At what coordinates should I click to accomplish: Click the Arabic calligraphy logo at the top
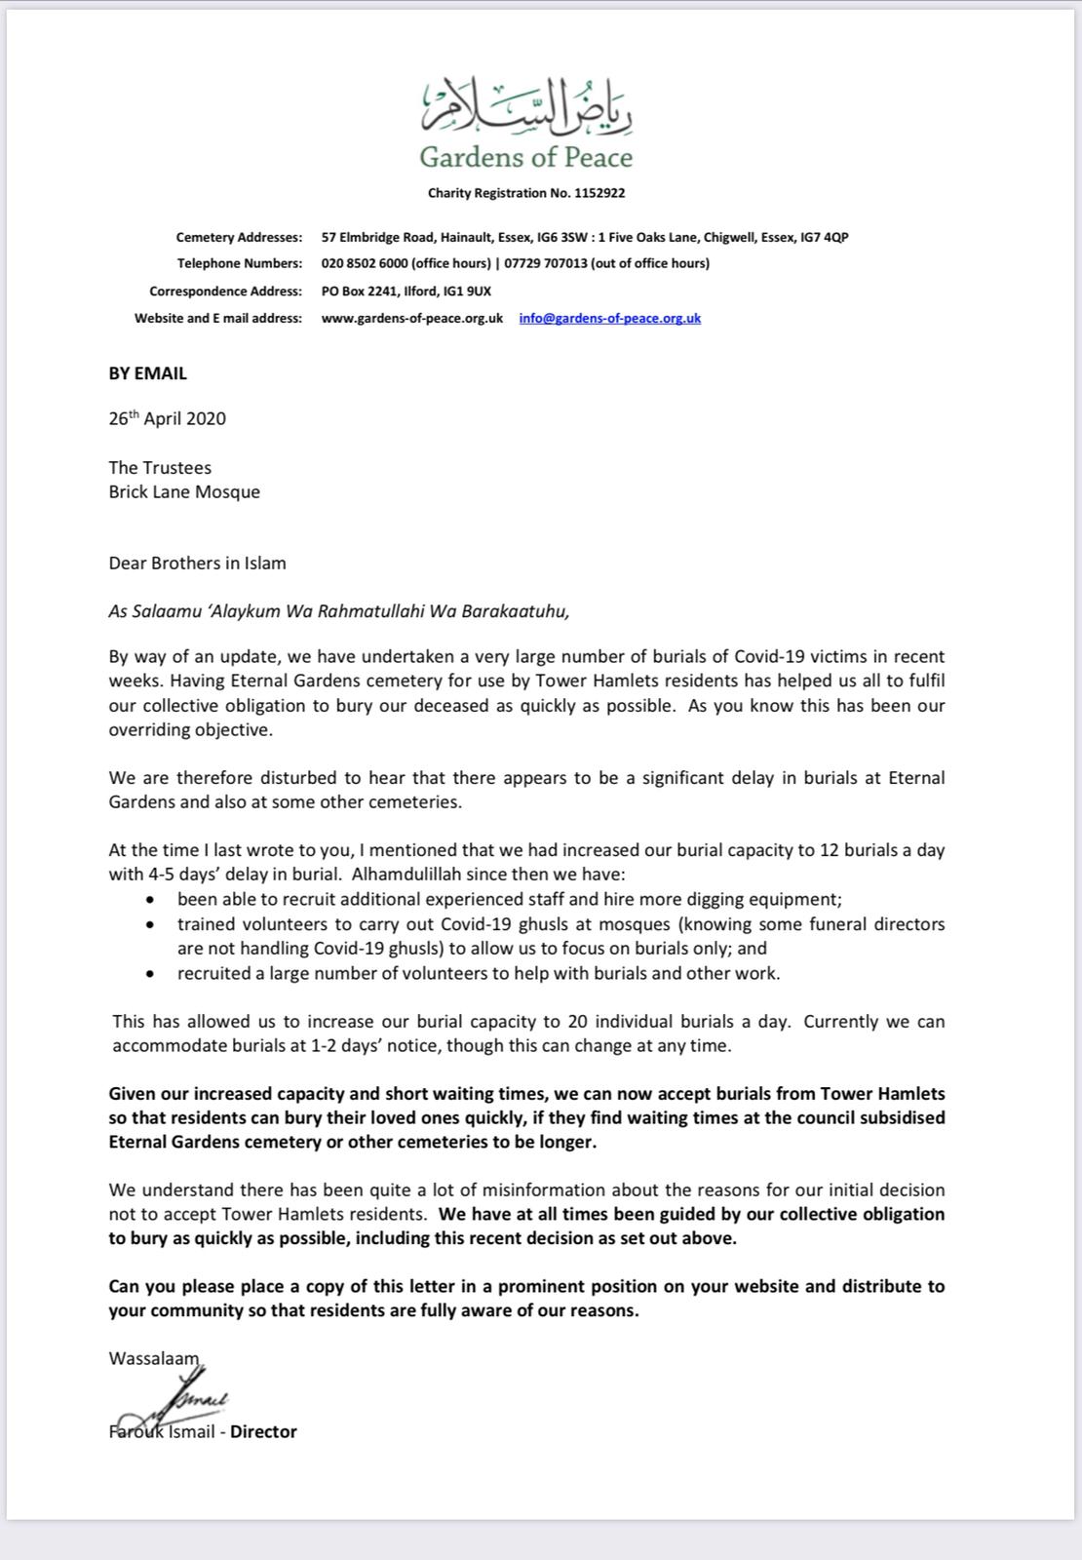point(526,106)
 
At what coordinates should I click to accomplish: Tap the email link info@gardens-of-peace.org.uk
point(609,318)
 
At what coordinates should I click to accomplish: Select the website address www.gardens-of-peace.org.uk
point(412,318)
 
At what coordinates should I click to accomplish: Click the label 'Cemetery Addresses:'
point(239,237)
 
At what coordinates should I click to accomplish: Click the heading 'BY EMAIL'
point(147,373)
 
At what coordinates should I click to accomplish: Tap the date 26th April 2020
point(167,419)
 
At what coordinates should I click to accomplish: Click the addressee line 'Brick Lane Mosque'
point(184,491)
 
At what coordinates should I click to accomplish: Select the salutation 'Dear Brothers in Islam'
point(197,563)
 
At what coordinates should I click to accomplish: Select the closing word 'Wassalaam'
point(153,1358)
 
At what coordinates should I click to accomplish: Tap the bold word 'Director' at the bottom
point(263,1431)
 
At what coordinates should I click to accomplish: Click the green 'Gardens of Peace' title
point(525,157)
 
